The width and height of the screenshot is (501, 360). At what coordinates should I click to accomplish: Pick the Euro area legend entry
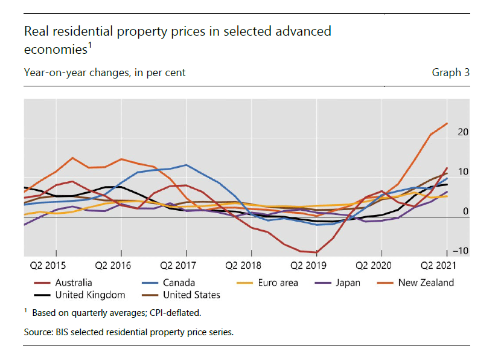tap(277, 282)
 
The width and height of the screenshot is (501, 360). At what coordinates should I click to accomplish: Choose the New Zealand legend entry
tap(426, 282)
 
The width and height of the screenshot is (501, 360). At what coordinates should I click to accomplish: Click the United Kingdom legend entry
tap(90, 295)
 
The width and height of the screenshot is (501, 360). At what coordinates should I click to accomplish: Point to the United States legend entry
tap(191, 295)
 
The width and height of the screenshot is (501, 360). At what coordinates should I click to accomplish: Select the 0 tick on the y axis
tap(464, 211)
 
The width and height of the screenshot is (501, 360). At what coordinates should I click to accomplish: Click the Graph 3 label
tap(450, 73)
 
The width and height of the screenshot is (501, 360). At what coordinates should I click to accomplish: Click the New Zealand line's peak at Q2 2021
tap(447, 123)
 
